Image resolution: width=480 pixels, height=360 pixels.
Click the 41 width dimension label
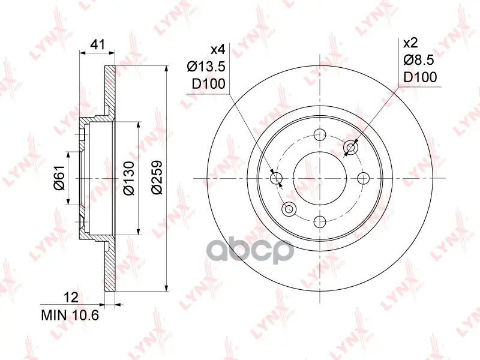98,44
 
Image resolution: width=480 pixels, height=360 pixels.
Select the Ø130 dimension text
129,178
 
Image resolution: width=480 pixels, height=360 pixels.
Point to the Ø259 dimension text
157,177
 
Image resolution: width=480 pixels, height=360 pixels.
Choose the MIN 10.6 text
70,315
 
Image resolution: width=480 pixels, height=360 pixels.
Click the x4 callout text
218,49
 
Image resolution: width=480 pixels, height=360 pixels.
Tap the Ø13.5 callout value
206,66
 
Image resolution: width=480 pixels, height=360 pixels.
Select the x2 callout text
410,43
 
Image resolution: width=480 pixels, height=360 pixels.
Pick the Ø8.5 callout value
418,60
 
